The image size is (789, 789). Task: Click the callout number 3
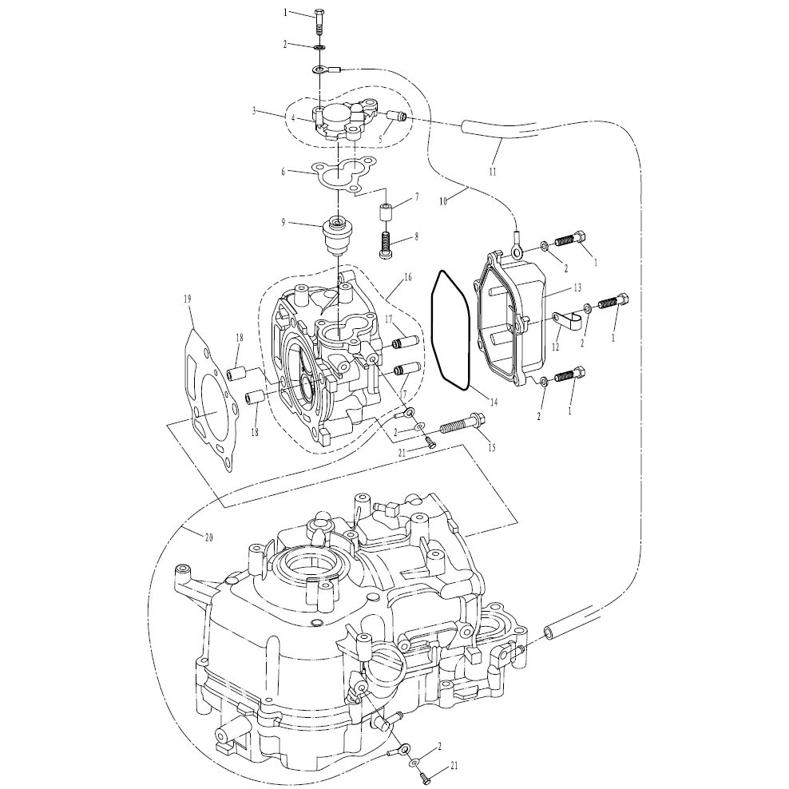[x=255, y=111]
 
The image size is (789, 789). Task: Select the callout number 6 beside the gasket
[x=283, y=172]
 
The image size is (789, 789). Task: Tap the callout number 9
[x=283, y=222]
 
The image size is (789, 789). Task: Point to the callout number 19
[x=188, y=299]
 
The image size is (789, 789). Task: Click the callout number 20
[x=208, y=538]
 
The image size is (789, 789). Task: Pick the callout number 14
[x=494, y=402]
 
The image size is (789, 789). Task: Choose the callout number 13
[x=577, y=287]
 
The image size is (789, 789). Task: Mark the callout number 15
[x=492, y=448]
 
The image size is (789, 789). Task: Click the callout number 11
[x=493, y=172]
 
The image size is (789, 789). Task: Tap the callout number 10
[x=443, y=202]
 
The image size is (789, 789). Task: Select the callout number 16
[x=407, y=277]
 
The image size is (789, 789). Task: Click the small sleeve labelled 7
[x=387, y=212]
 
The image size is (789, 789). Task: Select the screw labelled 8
[x=387, y=244]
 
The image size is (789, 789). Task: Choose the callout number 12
[x=556, y=347]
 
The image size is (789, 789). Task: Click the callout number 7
[x=417, y=196]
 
